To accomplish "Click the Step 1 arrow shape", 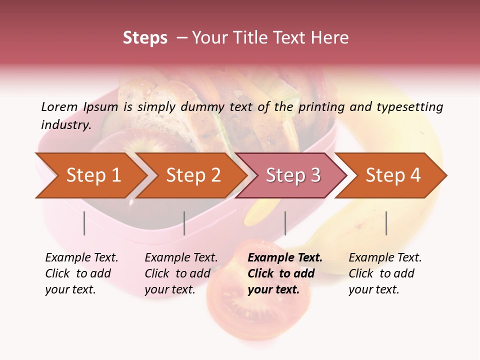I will [x=93, y=175].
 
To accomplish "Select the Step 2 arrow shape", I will [x=193, y=175].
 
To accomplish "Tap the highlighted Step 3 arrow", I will [x=293, y=175].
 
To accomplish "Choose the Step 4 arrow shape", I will [x=393, y=175].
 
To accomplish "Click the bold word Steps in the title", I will [x=145, y=37].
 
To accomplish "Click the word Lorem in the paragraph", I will [x=59, y=106].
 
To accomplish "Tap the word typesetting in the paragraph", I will [x=409, y=106].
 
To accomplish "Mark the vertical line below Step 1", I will [x=84, y=223].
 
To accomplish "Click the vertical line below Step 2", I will [x=184, y=223].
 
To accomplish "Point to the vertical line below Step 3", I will [x=285, y=223].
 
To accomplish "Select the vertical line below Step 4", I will [x=386, y=223].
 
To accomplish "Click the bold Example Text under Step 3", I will [x=285, y=258].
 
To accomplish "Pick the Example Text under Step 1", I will [x=81, y=258].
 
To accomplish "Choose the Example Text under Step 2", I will [x=181, y=258].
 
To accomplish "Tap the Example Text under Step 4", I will [x=385, y=258].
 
